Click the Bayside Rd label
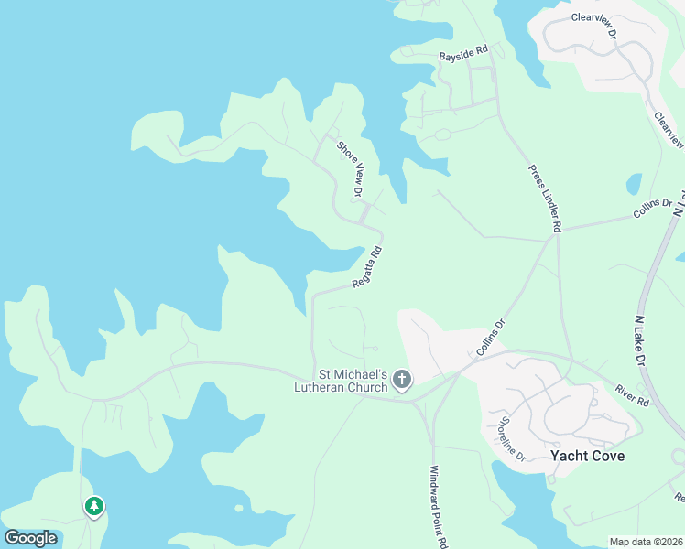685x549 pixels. click(x=465, y=55)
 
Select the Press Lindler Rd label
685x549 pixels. click(x=544, y=198)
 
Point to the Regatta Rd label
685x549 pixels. click(x=367, y=268)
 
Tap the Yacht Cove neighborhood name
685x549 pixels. click(x=587, y=455)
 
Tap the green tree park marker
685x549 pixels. click(x=93, y=505)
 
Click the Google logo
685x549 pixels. click(x=30, y=537)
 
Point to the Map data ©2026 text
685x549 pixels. click(x=646, y=542)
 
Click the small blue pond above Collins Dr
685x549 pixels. click(x=634, y=184)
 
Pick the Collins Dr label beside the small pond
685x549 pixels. click(x=652, y=210)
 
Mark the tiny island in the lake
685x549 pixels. click(x=239, y=508)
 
